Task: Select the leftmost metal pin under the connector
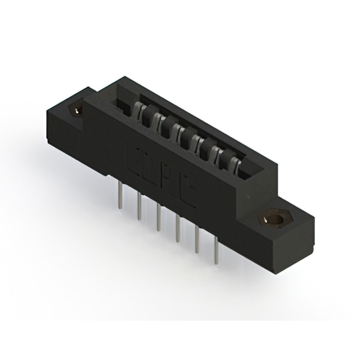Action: (120, 198)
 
